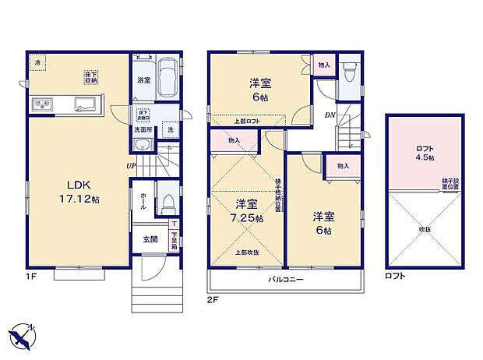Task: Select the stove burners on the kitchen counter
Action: [x=42, y=104]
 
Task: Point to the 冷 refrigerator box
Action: [x=38, y=62]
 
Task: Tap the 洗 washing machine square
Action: [x=171, y=130]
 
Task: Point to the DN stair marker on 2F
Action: [x=330, y=114]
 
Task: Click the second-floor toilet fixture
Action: [x=350, y=73]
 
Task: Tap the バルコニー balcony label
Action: [x=286, y=279]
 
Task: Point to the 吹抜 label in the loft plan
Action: [x=425, y=229]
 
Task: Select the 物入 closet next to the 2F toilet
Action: [x=324, y=67]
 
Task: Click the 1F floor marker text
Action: [x=30, y=275]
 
